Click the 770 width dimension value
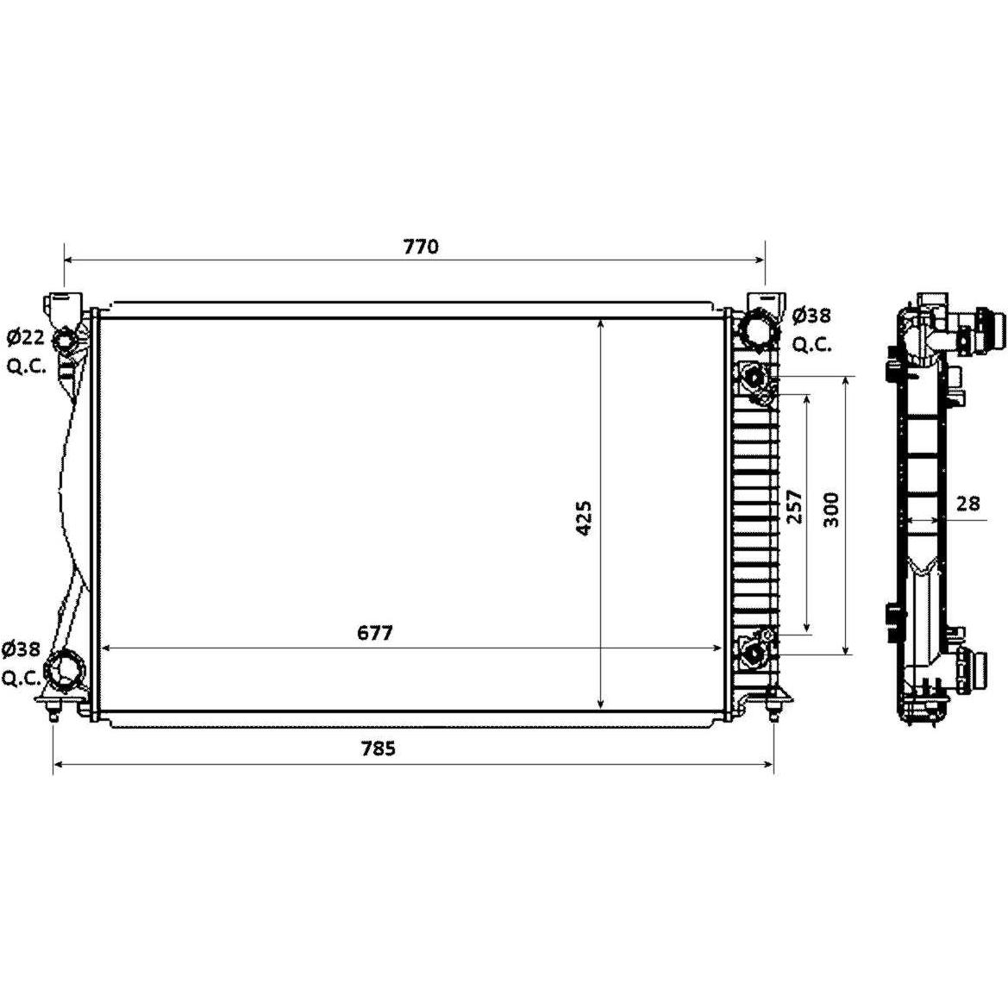[421, 247]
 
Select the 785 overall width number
[378, 748]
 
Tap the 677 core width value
[375, 633]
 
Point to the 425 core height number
[584, 518]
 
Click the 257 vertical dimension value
[795, 506]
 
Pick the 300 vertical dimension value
[831, 510]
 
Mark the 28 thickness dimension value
[967, 503]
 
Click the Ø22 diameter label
[26, 336]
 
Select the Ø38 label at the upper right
[811, 316]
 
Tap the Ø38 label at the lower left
[22, 649]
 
